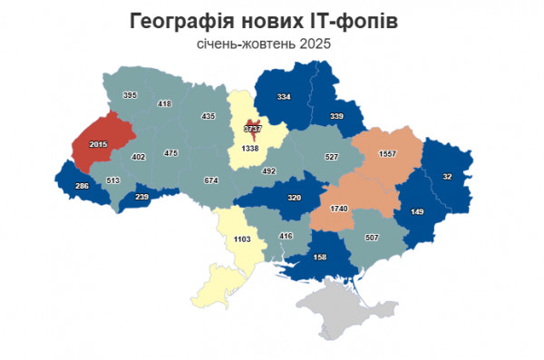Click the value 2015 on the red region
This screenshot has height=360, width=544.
coord(98,145)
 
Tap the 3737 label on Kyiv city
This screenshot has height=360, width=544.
coord(251,130)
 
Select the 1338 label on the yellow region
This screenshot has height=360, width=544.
coord(250,148)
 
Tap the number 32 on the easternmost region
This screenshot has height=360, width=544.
coord(447,176)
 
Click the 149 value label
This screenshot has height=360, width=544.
coord(417,213)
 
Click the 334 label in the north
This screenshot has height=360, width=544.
coord(284,97)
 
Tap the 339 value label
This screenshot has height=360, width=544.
coord(336,117)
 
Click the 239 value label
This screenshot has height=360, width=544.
coord(141,197)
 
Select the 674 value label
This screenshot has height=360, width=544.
coord(211,180)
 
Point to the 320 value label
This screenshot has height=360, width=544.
coord(293,197)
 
